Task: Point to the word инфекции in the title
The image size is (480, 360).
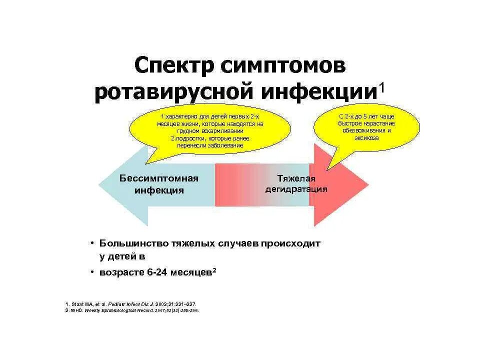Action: click(x=318, y=93)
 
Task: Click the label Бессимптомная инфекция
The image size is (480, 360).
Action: click(x=159, y=184)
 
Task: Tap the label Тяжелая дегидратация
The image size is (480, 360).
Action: click(x=296, y=184)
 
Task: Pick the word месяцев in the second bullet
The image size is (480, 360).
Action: click(x=191, y=272)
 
